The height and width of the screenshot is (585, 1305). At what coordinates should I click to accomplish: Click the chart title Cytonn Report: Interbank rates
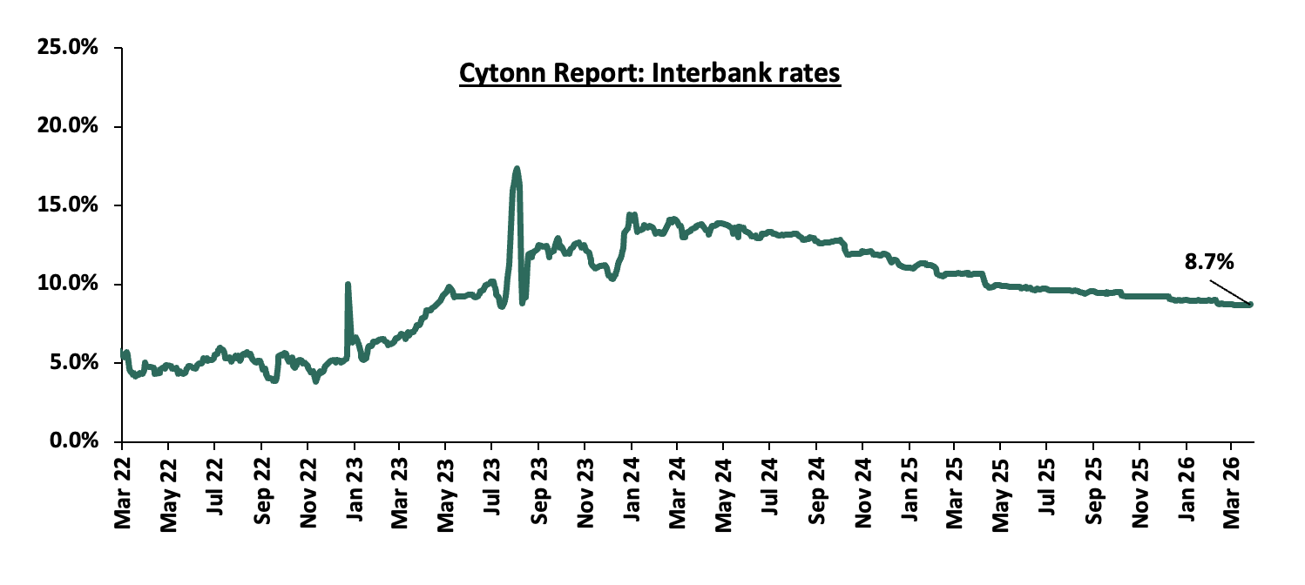(649, 74)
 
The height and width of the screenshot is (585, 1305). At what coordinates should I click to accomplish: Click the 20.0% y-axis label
(67, 126)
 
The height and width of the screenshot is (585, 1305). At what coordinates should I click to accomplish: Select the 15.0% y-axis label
(67, 205)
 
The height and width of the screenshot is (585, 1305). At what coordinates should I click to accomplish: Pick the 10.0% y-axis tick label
(67, 284)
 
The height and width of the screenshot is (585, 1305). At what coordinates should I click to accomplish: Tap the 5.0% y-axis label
(72, 363)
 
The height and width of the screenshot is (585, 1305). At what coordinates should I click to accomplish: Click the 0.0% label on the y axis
(72, 441)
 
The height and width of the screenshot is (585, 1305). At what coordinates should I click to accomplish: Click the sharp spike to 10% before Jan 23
(348, 284)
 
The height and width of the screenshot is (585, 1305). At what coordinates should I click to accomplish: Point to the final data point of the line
(1250, 304)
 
